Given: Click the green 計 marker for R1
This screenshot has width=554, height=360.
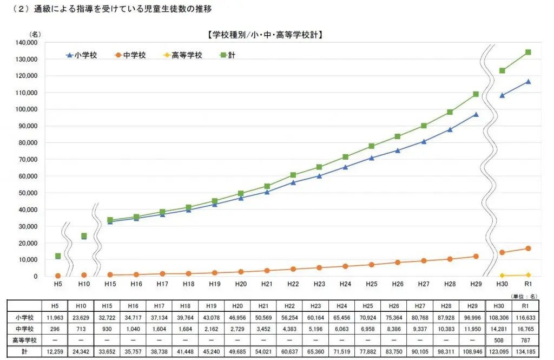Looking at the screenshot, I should click(528, 53).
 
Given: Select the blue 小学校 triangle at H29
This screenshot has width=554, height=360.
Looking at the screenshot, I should click(476, 114).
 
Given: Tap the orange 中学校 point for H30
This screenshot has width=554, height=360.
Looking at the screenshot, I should click(502, 252).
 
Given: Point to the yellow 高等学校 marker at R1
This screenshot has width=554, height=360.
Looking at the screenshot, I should click(528, 275).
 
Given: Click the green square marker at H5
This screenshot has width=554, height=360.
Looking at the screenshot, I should click(58, 256).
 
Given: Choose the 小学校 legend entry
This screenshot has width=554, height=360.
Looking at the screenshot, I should click(81, 55).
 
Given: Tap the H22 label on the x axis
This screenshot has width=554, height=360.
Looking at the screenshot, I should click(293, 284).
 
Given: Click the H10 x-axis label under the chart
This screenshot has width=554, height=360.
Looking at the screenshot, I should click(84, 284).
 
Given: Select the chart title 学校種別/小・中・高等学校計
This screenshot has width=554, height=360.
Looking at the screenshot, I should click(265, 35).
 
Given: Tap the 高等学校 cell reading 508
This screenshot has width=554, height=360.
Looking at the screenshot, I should click(502, 340).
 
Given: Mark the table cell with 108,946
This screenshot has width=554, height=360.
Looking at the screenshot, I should click(474, 351).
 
